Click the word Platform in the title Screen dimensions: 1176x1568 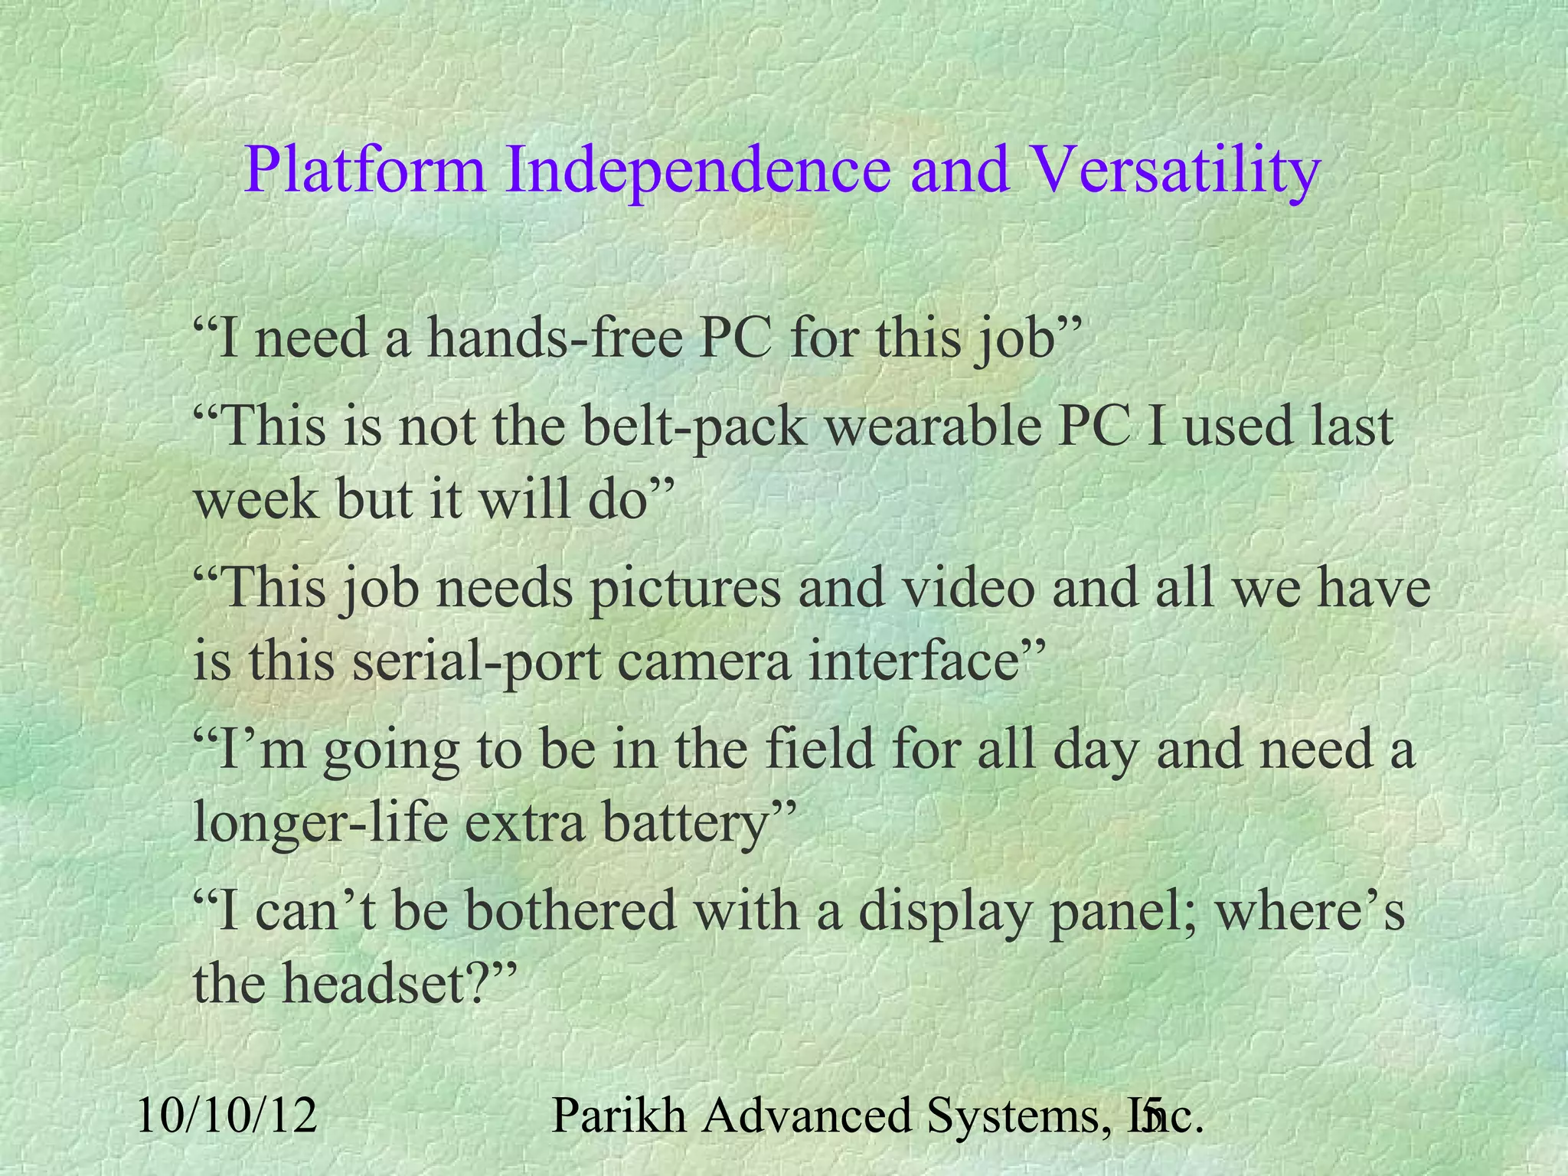[x=365, y=171]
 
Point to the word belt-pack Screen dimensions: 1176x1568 [x=694, y=426]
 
